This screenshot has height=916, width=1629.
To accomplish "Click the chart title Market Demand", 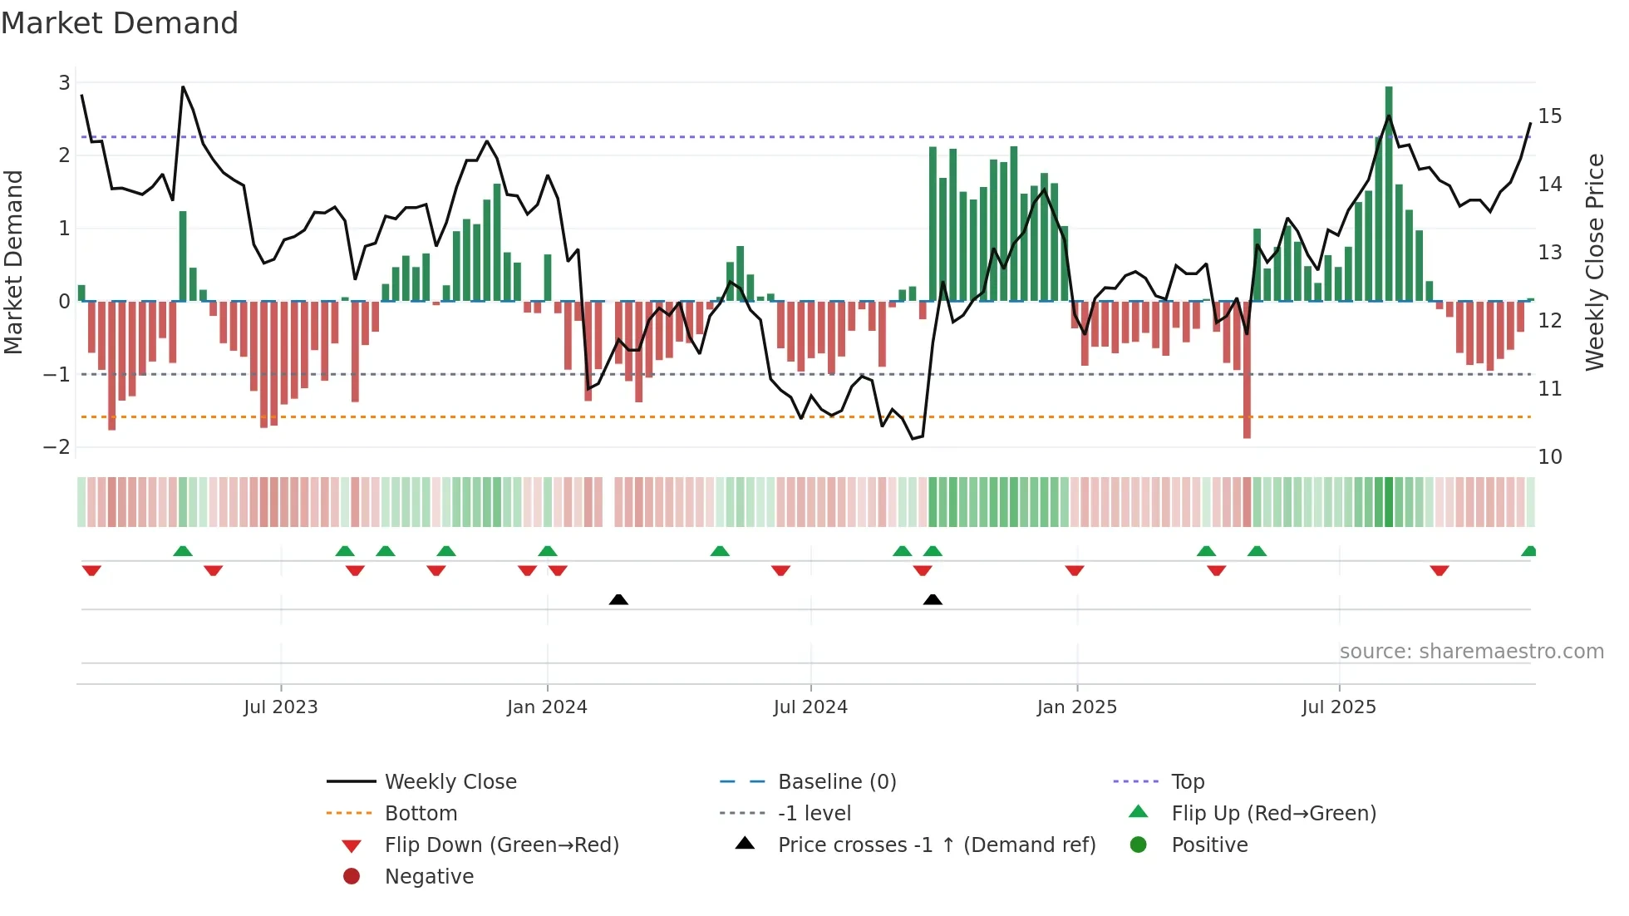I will coord(120,23).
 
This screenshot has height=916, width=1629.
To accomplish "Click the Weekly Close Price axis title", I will coord(1594,262).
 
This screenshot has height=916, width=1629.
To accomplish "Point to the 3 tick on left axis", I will coord(64,82).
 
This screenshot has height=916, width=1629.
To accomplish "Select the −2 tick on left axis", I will coord(57,447).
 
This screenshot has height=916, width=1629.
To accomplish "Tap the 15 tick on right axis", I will coord(1549,116).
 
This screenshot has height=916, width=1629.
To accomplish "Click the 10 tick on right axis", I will coord(1549,456).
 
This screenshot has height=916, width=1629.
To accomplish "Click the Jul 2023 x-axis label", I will coord(280,707).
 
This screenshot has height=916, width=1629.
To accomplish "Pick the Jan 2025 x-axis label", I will coord(1076,707).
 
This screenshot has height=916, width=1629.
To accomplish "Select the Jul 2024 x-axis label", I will coord(810,707).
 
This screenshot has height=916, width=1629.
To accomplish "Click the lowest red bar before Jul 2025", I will coord(1247,369).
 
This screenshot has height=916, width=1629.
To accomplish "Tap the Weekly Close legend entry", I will coord(450,782).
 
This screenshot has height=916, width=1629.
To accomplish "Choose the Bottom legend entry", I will coord(421,814).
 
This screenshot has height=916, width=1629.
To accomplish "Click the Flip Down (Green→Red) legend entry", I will coord(501,845).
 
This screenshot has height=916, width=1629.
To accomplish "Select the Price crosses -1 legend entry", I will coord(937,845).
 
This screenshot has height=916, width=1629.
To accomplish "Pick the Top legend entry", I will coord(1188,782).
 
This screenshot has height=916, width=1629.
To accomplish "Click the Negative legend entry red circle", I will coord(352,877).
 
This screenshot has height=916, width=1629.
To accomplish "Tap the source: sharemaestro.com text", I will coord(1471,652).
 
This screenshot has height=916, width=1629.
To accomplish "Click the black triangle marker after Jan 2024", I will coord(618,599).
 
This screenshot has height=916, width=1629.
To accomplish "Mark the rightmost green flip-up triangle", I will coord(1528,551).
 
